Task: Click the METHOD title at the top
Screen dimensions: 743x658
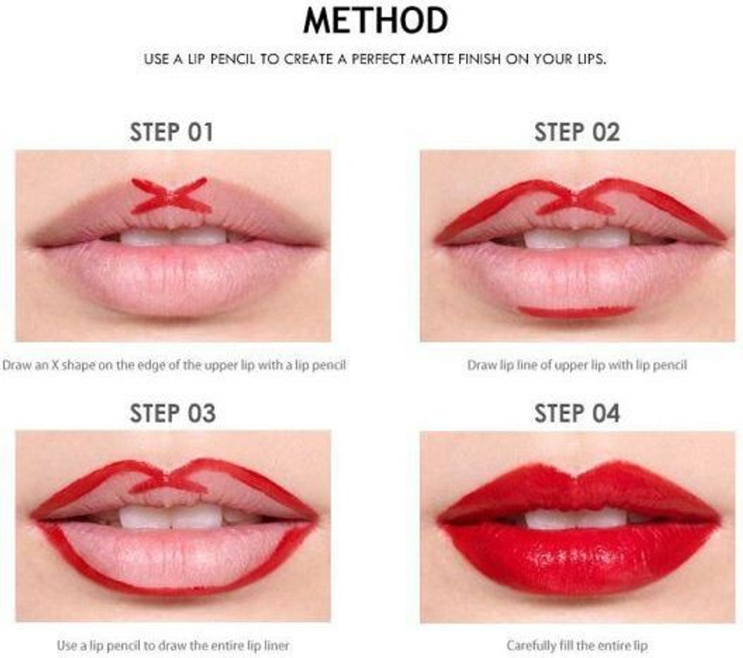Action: click(376, 20)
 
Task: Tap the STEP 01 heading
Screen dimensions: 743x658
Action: click(171, 132)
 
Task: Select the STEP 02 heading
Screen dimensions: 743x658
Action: click(577, 132)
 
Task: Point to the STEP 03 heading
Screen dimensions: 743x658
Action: click(172, 413)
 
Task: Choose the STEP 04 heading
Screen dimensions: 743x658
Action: click(577, 413)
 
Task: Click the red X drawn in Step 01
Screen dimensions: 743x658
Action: click(171, 196)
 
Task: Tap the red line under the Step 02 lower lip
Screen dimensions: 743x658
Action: click(576, 312)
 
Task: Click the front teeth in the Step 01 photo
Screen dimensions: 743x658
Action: click(173, 237)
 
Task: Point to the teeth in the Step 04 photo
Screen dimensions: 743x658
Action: click(576, 518)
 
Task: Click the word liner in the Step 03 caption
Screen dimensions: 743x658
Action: click(277, 645)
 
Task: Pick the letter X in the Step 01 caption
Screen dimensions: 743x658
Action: click(54, 365)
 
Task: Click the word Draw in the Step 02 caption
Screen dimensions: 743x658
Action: click(479, 365)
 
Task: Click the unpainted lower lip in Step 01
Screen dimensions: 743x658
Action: click(173, 277)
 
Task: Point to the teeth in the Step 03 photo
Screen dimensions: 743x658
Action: click(170, 516)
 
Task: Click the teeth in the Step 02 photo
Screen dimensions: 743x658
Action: click(577, 239)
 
